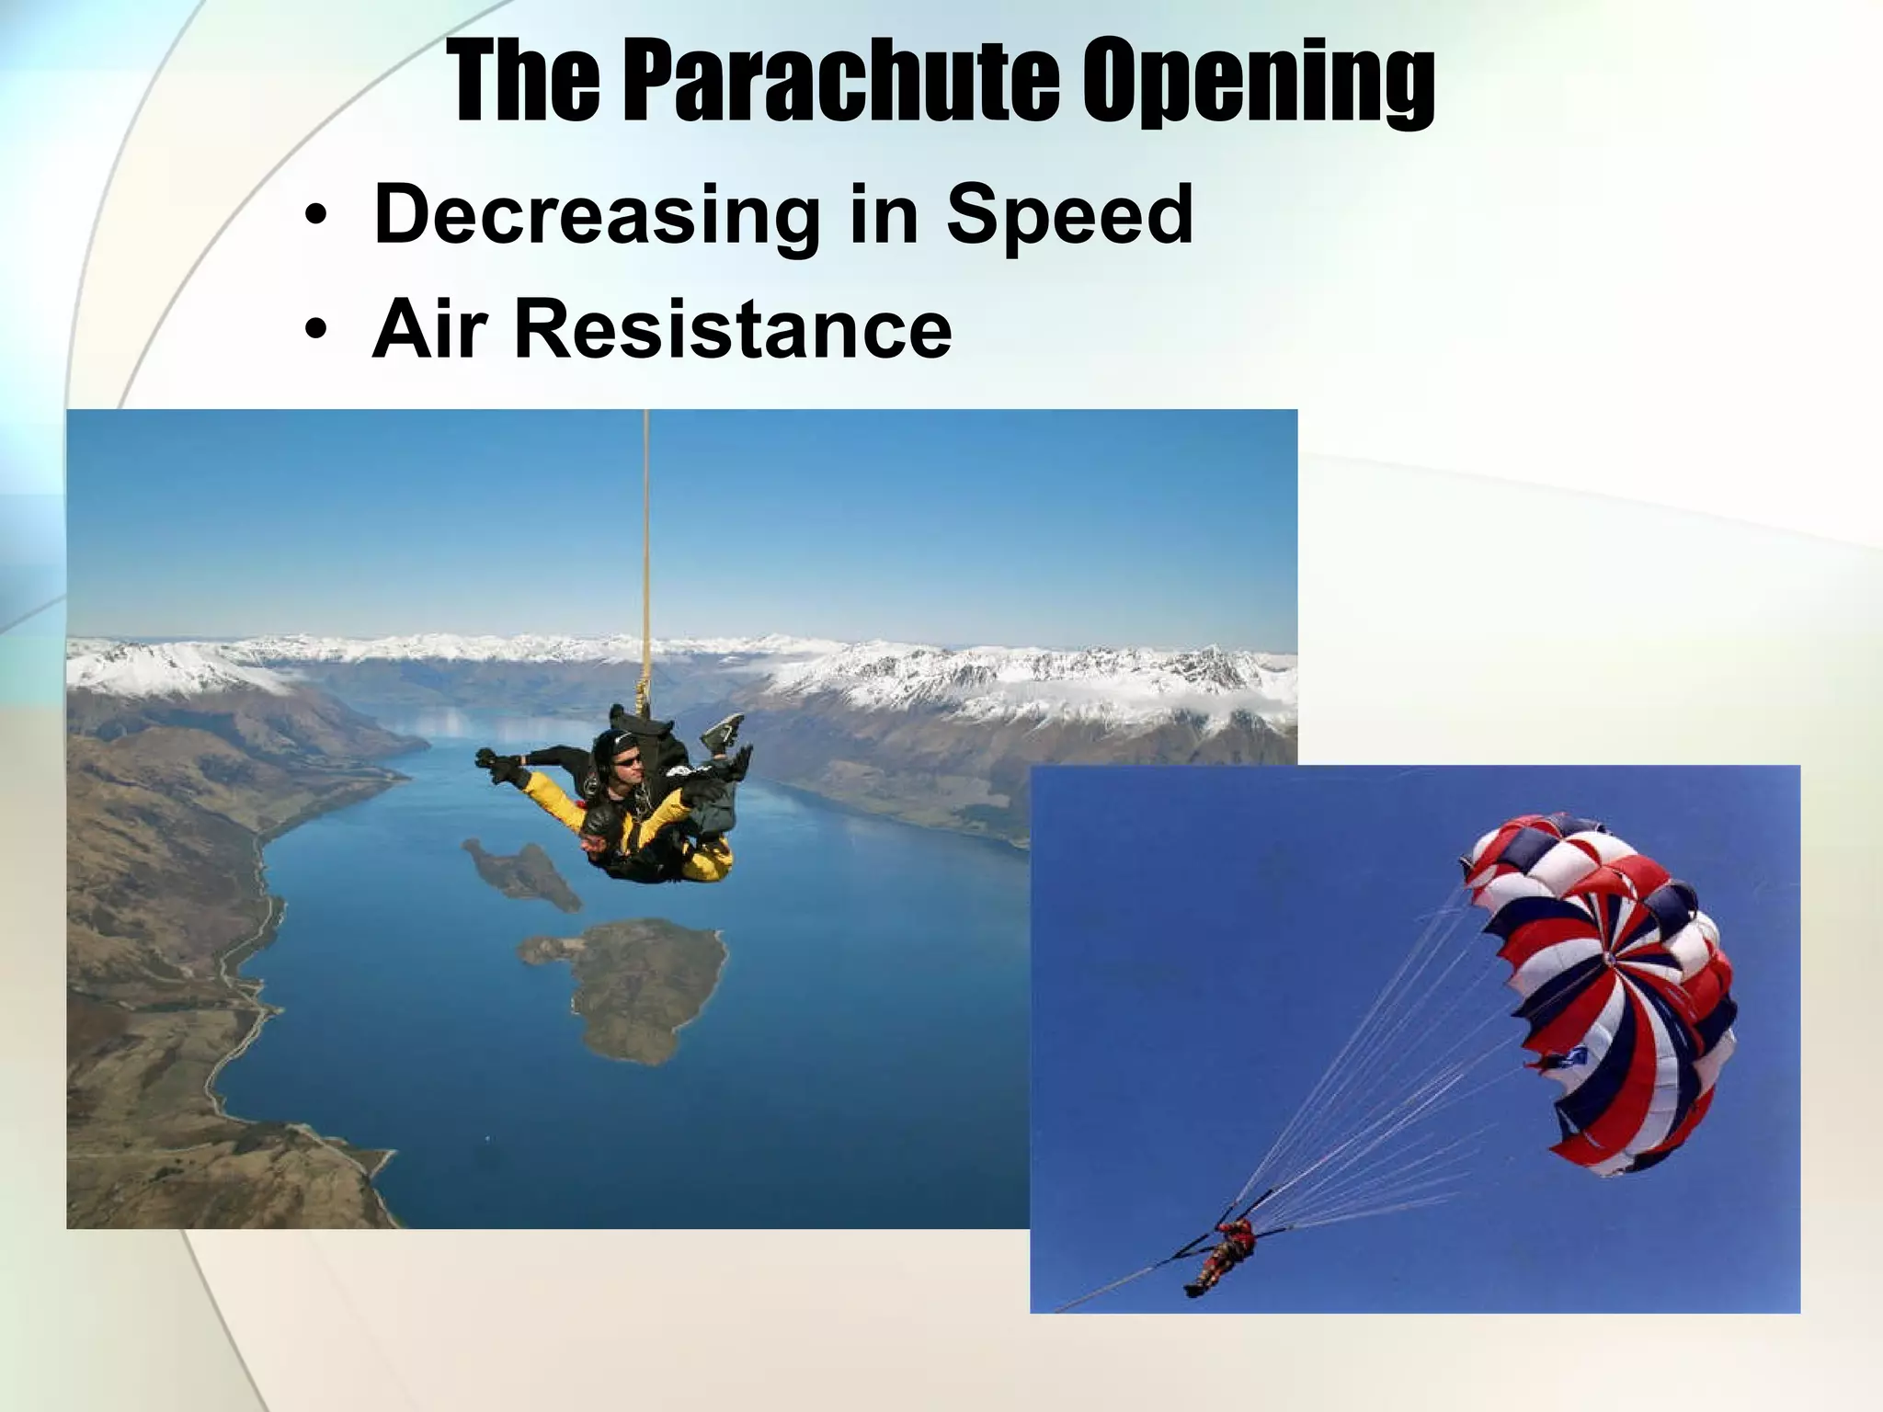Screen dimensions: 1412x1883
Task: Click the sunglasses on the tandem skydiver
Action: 628,759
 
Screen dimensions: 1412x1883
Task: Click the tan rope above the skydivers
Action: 647,552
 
